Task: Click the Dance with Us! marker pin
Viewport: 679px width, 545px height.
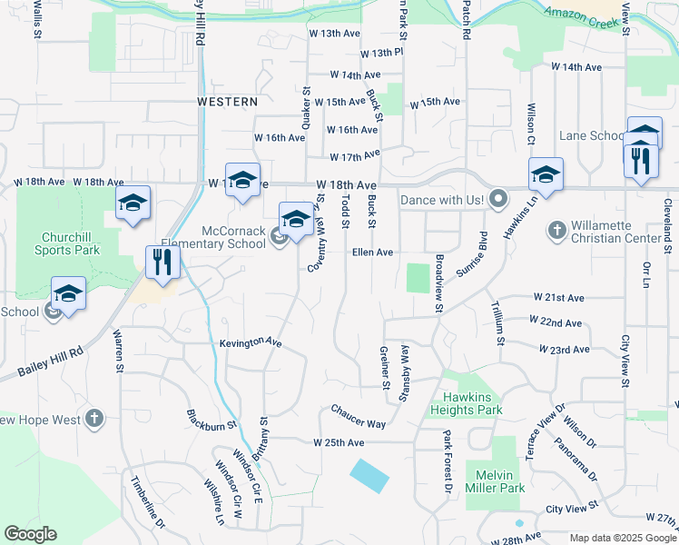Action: pos(497,197)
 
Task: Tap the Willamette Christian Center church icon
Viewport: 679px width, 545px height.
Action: pos(556,230)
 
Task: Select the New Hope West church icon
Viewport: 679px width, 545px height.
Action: pos(93,419)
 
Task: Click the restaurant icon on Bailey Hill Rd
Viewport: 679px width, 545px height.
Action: pos(163,263)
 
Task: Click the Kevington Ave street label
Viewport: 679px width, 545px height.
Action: pos(251,342)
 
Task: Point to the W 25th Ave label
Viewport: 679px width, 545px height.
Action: pos(339,442)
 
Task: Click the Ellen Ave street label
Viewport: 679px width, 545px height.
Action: pos(372,253)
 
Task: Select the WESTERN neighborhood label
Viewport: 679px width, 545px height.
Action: pos(228,102)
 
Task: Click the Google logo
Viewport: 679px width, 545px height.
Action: pos(31,534)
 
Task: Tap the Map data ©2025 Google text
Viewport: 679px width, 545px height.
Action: pos(623,538)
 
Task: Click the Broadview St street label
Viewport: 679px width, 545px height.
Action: pos(438,283)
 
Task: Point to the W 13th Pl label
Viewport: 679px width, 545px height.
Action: pos(386,54)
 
